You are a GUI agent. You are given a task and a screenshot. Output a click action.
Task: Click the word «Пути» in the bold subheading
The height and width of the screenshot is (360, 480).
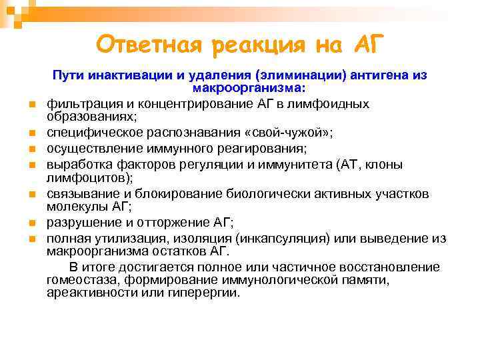click(67, 76)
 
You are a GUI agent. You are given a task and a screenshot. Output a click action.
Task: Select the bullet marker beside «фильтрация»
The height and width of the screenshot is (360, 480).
click(31, 105)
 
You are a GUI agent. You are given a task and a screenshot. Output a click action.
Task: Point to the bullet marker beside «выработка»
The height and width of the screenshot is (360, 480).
click(31, 164)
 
